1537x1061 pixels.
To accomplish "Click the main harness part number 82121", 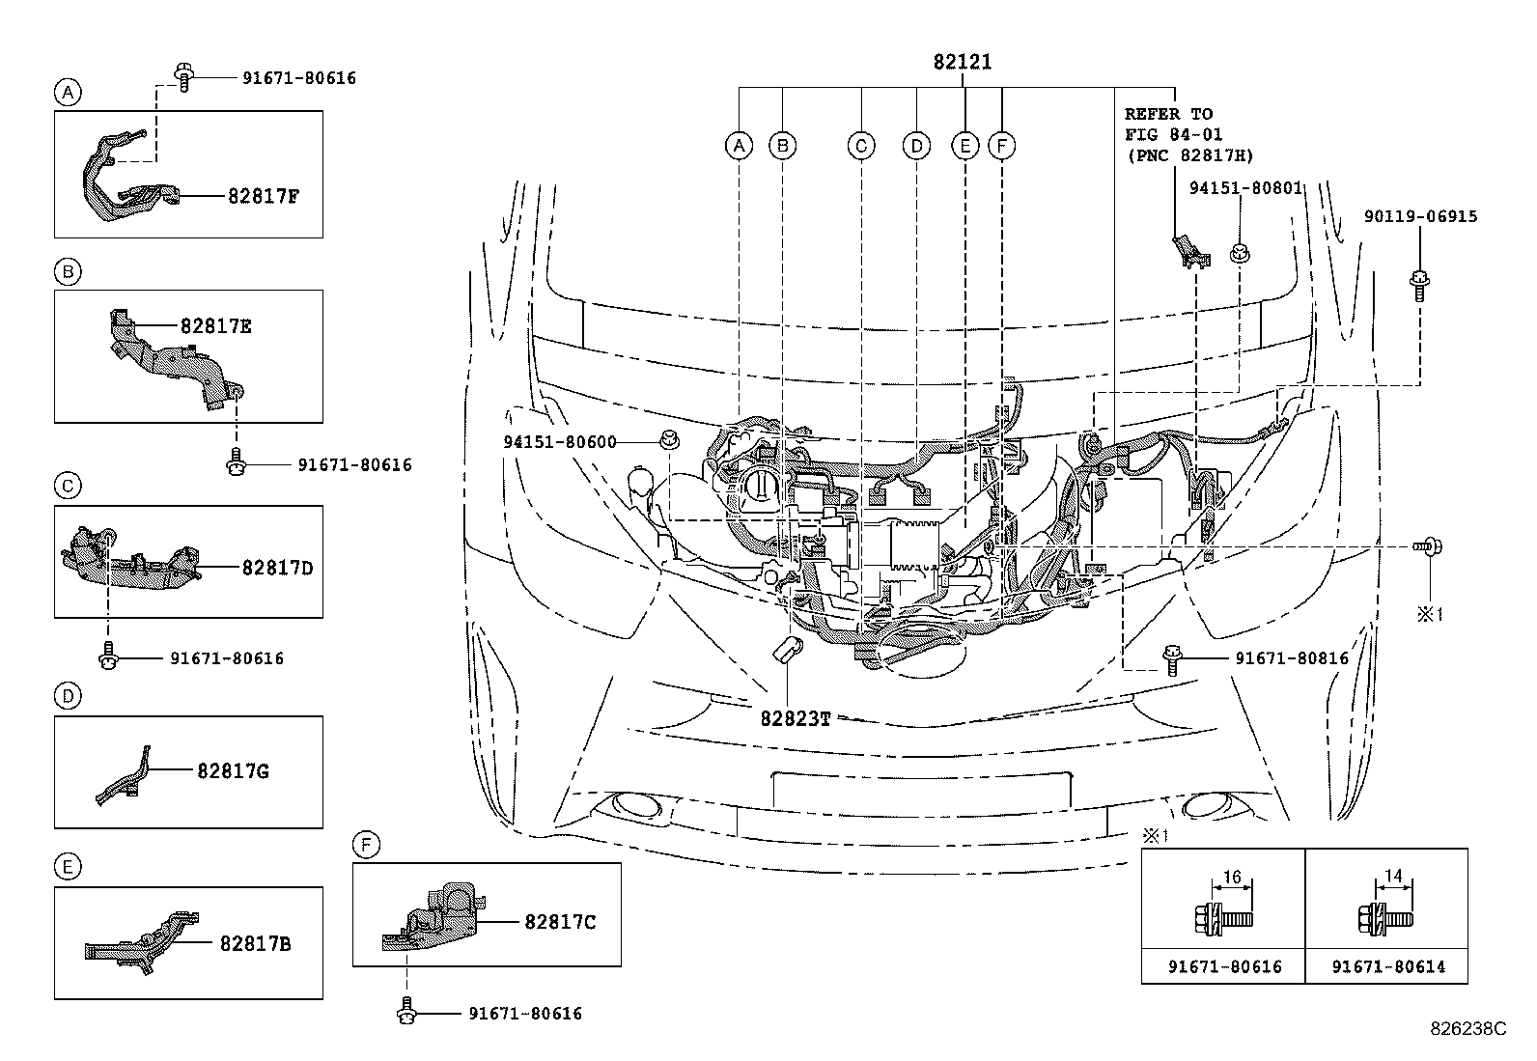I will pos(962,63).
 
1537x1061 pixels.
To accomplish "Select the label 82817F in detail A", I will pos(264,196).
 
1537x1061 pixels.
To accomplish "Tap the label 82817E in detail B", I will pos(215,326).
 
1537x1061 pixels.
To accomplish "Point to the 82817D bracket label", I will pos(277,568).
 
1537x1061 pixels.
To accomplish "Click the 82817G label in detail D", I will pos(233,770).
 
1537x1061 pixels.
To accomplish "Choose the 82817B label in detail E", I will pos(255,943).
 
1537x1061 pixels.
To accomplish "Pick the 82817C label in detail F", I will pos(560,922).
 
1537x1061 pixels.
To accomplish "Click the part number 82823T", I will pos(796,718).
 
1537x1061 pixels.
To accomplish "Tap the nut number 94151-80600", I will pos(559,442).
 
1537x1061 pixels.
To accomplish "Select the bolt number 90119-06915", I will pos(1420,216).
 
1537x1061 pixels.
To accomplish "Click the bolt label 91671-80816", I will pos(1292,658).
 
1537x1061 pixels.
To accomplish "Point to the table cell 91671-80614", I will pos(1388,966).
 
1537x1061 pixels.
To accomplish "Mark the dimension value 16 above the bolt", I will pos(1232,877).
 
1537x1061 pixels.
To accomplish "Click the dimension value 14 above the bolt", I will pos(1393,877).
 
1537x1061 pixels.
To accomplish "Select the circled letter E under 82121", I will pos(964,146).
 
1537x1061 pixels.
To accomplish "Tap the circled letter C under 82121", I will pos(860,146).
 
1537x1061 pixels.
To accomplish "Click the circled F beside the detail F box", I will pos(366,846).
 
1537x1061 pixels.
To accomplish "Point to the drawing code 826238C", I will pos(1467,1029).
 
